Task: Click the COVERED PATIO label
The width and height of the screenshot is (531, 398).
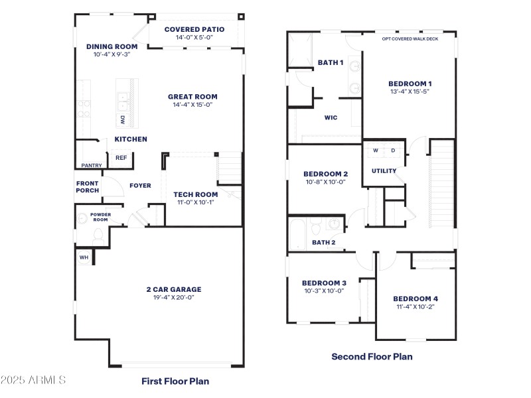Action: click(194, 29)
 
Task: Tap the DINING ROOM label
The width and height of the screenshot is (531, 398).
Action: click(112, 46)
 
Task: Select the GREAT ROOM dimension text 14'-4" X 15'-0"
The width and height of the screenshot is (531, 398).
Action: click(192, 105)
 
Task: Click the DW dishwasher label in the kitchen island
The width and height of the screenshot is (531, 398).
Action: click(123, 119)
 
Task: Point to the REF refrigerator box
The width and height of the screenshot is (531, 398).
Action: click(121, 159)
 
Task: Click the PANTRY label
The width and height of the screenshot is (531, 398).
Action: click(91, 165)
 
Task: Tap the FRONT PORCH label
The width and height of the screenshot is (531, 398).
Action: click(88, 187)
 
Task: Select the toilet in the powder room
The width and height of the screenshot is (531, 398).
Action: click(98, 233)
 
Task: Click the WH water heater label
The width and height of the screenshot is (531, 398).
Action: click(84, 257)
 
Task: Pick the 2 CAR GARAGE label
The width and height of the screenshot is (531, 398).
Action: click(173, 289)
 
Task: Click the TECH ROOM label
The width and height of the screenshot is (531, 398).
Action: click(195, 194)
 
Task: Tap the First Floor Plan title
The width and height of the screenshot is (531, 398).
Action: click(175, 381)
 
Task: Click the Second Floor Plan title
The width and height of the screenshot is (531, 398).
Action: click(372, 356)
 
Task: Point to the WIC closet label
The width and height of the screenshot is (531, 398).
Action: click(331, 117)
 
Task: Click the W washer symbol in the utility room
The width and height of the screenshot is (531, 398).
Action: click(375, 151)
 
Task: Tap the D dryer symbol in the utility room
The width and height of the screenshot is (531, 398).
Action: click(393, 151)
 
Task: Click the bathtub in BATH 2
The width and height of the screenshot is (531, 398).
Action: click(298, 233)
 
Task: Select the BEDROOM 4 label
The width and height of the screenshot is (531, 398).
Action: click(415, 298)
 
